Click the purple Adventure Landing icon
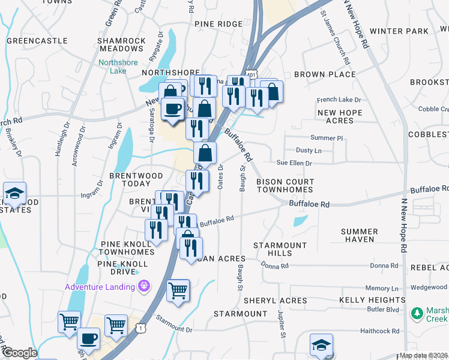point(143,287)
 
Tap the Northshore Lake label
point(118,66)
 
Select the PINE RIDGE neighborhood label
point(218,24)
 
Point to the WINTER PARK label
point(399,31)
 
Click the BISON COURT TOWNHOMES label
point(285,185)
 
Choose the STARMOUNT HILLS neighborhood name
point(280,250)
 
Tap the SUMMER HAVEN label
point(359,235)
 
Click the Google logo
point(19,353)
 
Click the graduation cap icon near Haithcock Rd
point(321,346)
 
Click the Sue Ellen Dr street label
point(294,163)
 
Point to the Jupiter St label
point(281,323)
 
